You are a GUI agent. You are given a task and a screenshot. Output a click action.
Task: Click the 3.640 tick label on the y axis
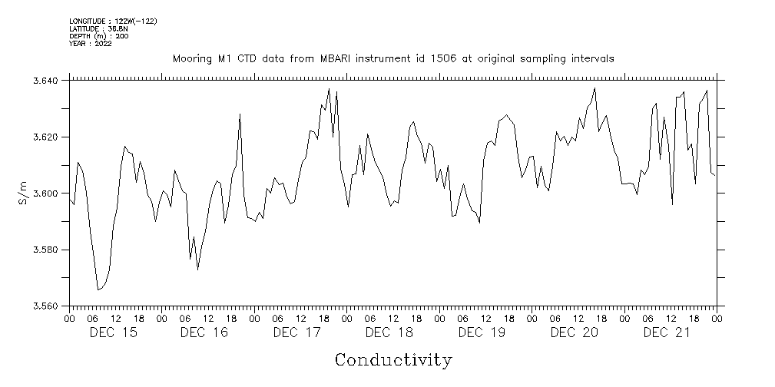tap(50, 80)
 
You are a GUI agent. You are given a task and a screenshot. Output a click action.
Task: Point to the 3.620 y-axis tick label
tap(50, 137)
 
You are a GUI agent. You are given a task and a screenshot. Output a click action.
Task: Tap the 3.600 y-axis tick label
tap(50, 193)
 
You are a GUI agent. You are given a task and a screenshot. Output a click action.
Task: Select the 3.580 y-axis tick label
tap(50, 250)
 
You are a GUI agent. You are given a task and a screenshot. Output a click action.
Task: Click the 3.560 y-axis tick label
tap(50, 306)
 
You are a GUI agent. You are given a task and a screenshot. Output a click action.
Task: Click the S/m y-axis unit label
tap(22, 193)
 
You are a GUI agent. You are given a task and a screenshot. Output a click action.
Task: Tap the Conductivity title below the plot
tap(393, 359)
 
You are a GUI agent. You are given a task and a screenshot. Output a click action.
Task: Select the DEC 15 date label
tap(114, 332)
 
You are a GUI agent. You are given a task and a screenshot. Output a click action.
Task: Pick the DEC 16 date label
tap(205, 332)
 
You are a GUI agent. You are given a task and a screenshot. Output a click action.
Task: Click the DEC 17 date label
tap(296, 332)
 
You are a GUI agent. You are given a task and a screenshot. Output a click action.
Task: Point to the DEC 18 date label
tap(389, 332)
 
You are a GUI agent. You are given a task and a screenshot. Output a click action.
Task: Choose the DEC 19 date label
tap(482, 332)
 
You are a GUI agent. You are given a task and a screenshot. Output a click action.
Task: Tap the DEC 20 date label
tap(574, 332)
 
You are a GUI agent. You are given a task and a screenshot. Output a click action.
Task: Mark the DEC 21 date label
tap(666, 332)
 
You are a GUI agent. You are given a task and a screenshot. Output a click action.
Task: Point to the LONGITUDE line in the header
tap(113, 21)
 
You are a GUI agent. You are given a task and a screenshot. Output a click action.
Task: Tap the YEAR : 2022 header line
tap(91, 44)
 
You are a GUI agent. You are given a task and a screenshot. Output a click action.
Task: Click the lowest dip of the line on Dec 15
tap(98, 289)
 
